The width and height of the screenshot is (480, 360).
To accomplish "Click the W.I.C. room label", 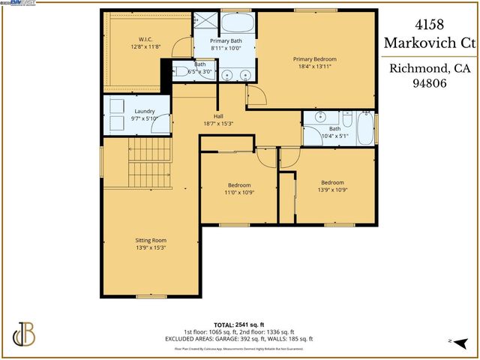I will pyautogui.click(x=145, y=40).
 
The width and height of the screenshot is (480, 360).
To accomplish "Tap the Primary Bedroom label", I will pyautogui.click(x=314, y=58).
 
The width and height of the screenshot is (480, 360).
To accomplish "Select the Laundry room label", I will pyautogui.click(x=124, y=112).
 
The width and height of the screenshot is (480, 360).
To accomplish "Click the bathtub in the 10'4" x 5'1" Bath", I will pyautogui.click(x=364, y=128).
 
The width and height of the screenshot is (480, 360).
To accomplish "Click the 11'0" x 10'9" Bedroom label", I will pyautogui.click(x=239, y=185).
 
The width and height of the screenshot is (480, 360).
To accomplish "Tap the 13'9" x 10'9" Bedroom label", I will pyautogui.click(x=332, y=182).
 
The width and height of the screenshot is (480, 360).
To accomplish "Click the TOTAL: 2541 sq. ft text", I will pyautogui.click(x=239, y=324).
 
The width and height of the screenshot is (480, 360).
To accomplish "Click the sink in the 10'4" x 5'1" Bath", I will pyautogui.click(x=321, y=117).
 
